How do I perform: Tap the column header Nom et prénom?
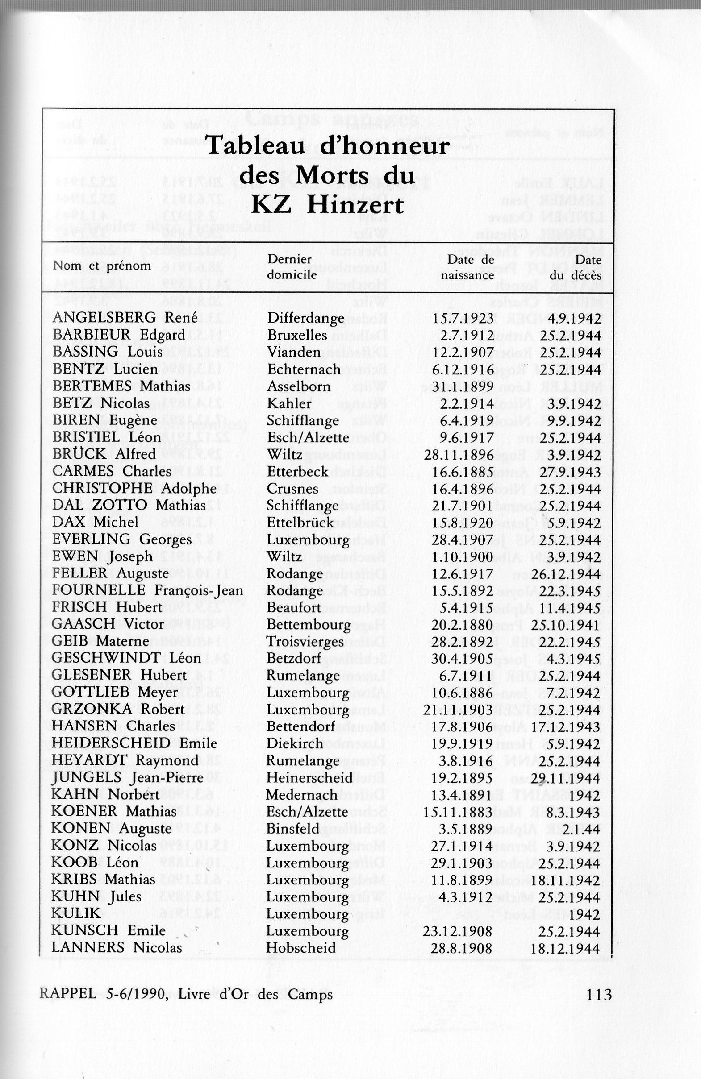[x=102, y=266]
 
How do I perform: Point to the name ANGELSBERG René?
[x=125, y=318]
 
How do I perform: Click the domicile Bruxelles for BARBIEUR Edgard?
[x=297, y=335]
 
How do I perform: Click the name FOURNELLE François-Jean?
[x=147, y=591]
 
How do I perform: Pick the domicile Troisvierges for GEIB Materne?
[x=305, y=642]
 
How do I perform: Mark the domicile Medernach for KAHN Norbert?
[x=302, y=795]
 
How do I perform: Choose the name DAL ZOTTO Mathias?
[x=129, y=506]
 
